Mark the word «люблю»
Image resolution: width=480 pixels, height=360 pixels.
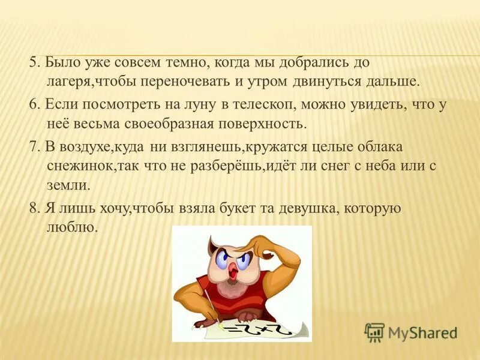(71, 227)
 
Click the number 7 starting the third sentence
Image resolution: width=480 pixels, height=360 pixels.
(34, 146)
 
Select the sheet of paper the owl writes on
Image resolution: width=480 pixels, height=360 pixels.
(264, 329)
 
